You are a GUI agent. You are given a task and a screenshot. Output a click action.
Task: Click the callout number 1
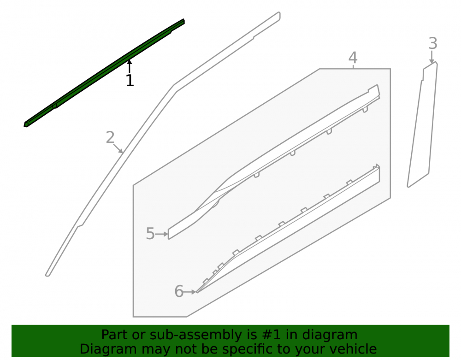click(130, 80)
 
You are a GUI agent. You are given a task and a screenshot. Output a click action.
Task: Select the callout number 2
click(110, 137)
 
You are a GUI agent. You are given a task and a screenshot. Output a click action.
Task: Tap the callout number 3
click(432, 43)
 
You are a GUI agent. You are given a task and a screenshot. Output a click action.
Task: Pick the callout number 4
click(353, 58)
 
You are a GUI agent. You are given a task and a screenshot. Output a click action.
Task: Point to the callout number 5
click(150, 234)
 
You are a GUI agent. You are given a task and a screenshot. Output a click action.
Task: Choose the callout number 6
click(179, 291)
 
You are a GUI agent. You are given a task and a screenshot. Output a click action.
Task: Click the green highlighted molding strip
click(104, 73)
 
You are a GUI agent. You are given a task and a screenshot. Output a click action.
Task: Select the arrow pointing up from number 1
click(130, 66)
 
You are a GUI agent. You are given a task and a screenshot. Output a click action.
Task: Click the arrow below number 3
click(431, 57)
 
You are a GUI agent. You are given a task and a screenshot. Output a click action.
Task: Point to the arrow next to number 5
click(161, 234)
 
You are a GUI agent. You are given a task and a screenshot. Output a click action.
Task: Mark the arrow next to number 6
click(189, 292)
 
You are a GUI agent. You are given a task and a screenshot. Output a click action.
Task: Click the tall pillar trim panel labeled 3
click(422, 125)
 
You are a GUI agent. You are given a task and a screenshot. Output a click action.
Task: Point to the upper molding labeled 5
click(274, 162)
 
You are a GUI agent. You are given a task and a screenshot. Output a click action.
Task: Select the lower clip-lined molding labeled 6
click(288, 228)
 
